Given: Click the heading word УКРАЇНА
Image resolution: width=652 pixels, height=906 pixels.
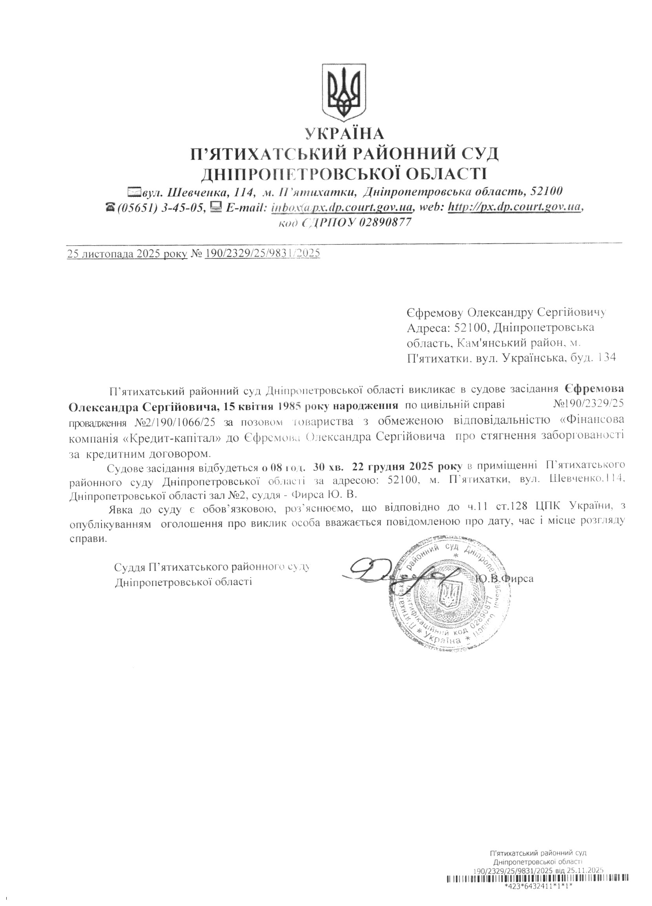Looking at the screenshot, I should (x=344, y=133).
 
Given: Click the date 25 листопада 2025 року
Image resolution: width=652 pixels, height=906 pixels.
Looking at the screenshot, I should (x=128, y=253).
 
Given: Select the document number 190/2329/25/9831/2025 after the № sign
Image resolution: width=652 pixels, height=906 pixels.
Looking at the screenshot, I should (x=263, y=253).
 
